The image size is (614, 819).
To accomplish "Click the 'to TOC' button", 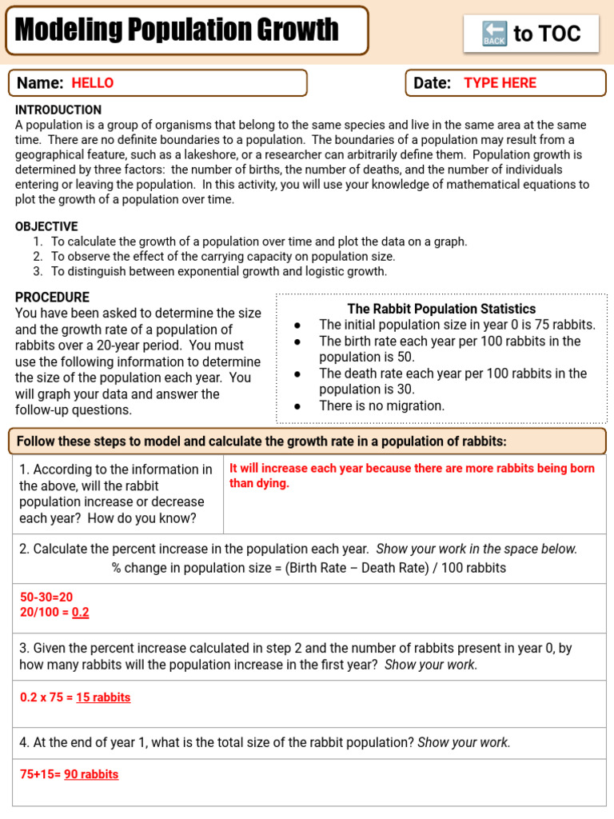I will [531, 34].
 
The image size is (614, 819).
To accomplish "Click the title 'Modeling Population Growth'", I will [177, 31].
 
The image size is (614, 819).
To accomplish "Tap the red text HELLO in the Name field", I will [93, 82].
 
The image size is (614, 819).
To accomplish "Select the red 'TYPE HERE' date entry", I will [500, 82].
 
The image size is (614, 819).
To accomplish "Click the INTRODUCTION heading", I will [58, 110].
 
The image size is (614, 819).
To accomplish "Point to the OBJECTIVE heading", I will [46, 226].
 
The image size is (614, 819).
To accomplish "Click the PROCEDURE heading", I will [50, 297].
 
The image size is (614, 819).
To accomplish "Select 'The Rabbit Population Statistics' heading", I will [441, 309].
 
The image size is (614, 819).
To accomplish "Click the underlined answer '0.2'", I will [81, 613].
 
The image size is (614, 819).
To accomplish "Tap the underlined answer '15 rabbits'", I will [103, 697].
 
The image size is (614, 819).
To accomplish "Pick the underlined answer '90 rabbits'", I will [91, 774].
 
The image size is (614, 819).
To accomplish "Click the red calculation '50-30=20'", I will [46, 597].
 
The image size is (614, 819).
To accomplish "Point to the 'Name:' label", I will [40, 82].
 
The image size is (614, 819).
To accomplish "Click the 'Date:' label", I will [433, 82].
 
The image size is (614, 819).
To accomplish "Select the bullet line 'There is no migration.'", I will [381, 406].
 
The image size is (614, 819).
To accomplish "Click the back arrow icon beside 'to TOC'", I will [494, 34].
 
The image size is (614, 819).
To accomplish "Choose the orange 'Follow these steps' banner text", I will [261, 441].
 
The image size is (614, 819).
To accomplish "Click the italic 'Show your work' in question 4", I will [464, 742].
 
